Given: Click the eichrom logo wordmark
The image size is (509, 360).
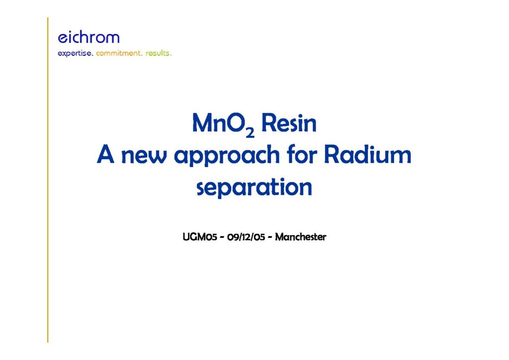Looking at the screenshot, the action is click(88, 37).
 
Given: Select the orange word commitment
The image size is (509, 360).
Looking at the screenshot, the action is click(119, 53).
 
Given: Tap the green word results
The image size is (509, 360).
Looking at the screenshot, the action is click(158, 53).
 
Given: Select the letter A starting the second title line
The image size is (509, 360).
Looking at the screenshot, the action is click(105, 154).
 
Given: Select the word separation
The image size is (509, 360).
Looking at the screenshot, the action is click(254, 187).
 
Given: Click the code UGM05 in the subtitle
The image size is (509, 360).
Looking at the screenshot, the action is click(200, 237).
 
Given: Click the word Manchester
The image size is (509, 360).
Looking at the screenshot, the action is click(301, 237).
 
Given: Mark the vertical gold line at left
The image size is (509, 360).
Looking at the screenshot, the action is click(48, 180).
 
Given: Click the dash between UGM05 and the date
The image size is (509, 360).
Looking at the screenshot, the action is click(222, 237).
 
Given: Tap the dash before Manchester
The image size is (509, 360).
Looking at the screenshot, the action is click(270, 237).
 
